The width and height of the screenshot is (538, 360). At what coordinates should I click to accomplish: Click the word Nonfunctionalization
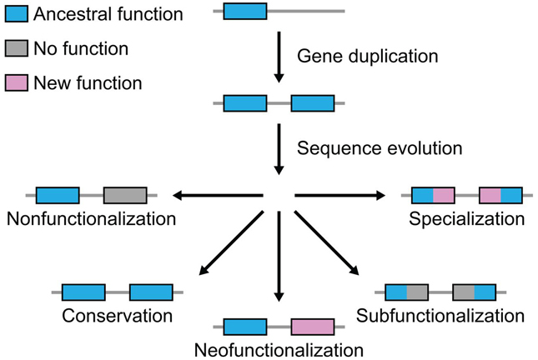pos(90,219)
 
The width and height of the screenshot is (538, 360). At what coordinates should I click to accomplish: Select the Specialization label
pos(466,219)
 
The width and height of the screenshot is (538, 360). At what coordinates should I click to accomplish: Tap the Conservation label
pos(117,316)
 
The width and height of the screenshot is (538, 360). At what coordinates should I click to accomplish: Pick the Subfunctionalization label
pos(440,316)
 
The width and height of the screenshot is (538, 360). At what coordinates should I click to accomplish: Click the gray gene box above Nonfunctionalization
pos(125,195)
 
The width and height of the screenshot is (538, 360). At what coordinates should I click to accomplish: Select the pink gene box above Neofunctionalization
pos(312,326)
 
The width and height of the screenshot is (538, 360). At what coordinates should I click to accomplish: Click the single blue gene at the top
pos(245,11)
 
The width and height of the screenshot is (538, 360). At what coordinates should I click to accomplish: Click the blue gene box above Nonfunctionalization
pos(58,195)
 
